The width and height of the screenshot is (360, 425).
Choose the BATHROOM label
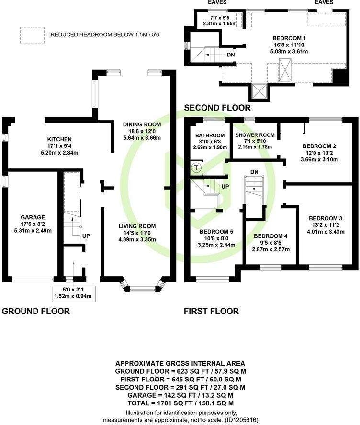coord(206,135)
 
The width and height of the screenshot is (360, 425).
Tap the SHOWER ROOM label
coord(255,135)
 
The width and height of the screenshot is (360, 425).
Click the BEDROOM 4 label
coord(270,236)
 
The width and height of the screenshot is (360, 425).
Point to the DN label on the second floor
coord(231,55)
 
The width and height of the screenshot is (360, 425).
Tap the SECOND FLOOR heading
coord(217,108)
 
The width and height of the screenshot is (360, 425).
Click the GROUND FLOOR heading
coord(36,311)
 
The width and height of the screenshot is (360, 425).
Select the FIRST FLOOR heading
coord(211,311)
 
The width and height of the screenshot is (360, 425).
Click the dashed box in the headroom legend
coord(31,35)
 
